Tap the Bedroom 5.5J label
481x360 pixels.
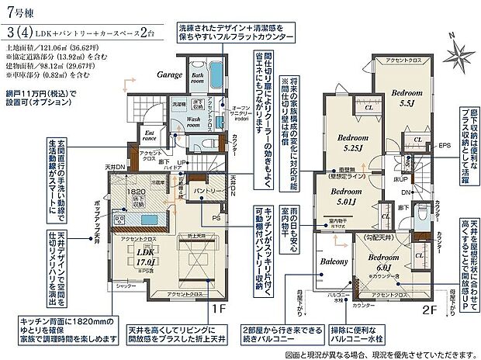coord(405,95)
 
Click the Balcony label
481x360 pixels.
coord(334,263)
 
